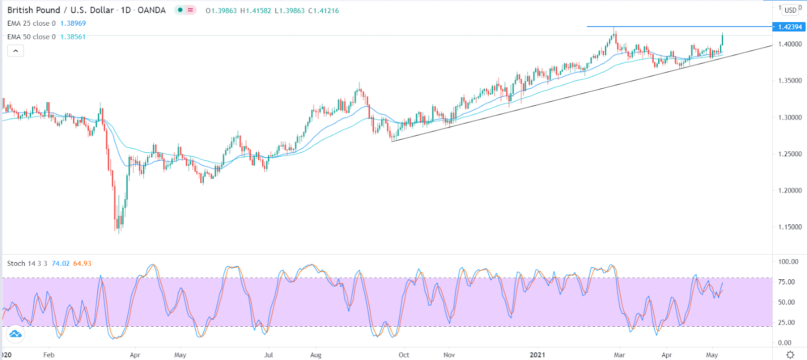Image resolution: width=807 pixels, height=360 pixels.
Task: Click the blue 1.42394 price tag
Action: (x=789, y=27)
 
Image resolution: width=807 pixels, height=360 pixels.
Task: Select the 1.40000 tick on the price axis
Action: (x=790, y=44)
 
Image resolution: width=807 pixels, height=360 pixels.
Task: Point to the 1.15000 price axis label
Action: (x=790, y=227)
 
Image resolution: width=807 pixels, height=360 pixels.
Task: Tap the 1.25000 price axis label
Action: (x=790, y=154)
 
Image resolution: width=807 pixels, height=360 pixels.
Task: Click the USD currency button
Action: (x=790, y=10)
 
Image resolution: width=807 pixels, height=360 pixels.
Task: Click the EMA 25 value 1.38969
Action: (x=73, y=24)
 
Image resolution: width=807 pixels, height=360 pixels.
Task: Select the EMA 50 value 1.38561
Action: (x=73, y=37)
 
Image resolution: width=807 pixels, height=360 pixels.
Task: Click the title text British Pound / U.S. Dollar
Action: (x=61, y=10)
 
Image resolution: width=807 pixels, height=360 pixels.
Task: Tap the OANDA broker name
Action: (x=151, y=10)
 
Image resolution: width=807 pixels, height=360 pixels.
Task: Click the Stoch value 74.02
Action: (x=61, y=264)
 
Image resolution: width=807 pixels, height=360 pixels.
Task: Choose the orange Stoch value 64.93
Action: (x=82, y=264)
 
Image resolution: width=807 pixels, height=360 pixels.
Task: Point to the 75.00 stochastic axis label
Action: (x=786, y=282)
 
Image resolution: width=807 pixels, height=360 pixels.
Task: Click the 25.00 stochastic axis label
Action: (x=786, y=323)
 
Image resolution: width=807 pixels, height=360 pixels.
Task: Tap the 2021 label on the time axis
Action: (x=538, y=355)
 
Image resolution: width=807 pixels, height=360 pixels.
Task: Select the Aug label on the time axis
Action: (x=316, y=355)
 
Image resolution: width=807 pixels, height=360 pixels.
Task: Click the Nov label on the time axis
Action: (x=449, y=355)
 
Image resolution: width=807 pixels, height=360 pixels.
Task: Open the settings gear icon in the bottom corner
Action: (x=790, y=354)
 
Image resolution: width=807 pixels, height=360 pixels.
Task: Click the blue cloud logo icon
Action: (x=15, y=334)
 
